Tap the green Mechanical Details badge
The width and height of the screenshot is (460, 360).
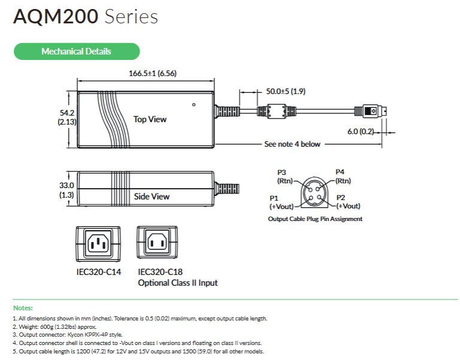tap(76, 52)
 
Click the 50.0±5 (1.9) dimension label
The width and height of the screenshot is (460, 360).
tap(286, 92)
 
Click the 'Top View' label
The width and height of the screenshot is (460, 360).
tap(150, 119)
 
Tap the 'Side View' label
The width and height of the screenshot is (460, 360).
tap(152, 196)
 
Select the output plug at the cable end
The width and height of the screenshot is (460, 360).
tap(373, 111)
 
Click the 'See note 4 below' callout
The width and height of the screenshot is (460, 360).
tap(292, 144)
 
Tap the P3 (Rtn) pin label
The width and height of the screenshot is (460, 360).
tap(284, 176)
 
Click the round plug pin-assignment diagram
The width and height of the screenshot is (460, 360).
tap(313, 192)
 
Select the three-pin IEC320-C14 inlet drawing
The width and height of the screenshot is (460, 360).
tap(98, 243)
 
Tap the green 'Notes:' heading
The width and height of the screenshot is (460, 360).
tap(23, 307)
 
